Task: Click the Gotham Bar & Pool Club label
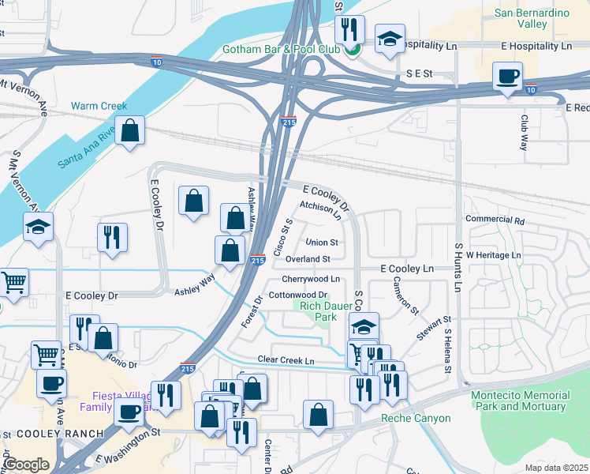click(287, 49)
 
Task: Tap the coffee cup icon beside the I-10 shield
click(507, 77)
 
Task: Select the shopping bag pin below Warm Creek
click(130, 130)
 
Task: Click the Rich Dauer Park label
click(319, 310)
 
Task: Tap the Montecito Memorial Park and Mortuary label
click(518, 401)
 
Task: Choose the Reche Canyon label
click(416, 418)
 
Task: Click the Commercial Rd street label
click(495, 220)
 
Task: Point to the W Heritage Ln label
click(493, 255)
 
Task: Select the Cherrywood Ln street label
click(311, 279)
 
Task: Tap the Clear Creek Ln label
click(286, 361)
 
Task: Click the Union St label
click(322, 243)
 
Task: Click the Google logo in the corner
click(26, 464)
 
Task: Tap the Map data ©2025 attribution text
click(555, 468)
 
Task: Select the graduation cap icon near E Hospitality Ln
click(389, 40)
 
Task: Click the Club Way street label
click(523, 132)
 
